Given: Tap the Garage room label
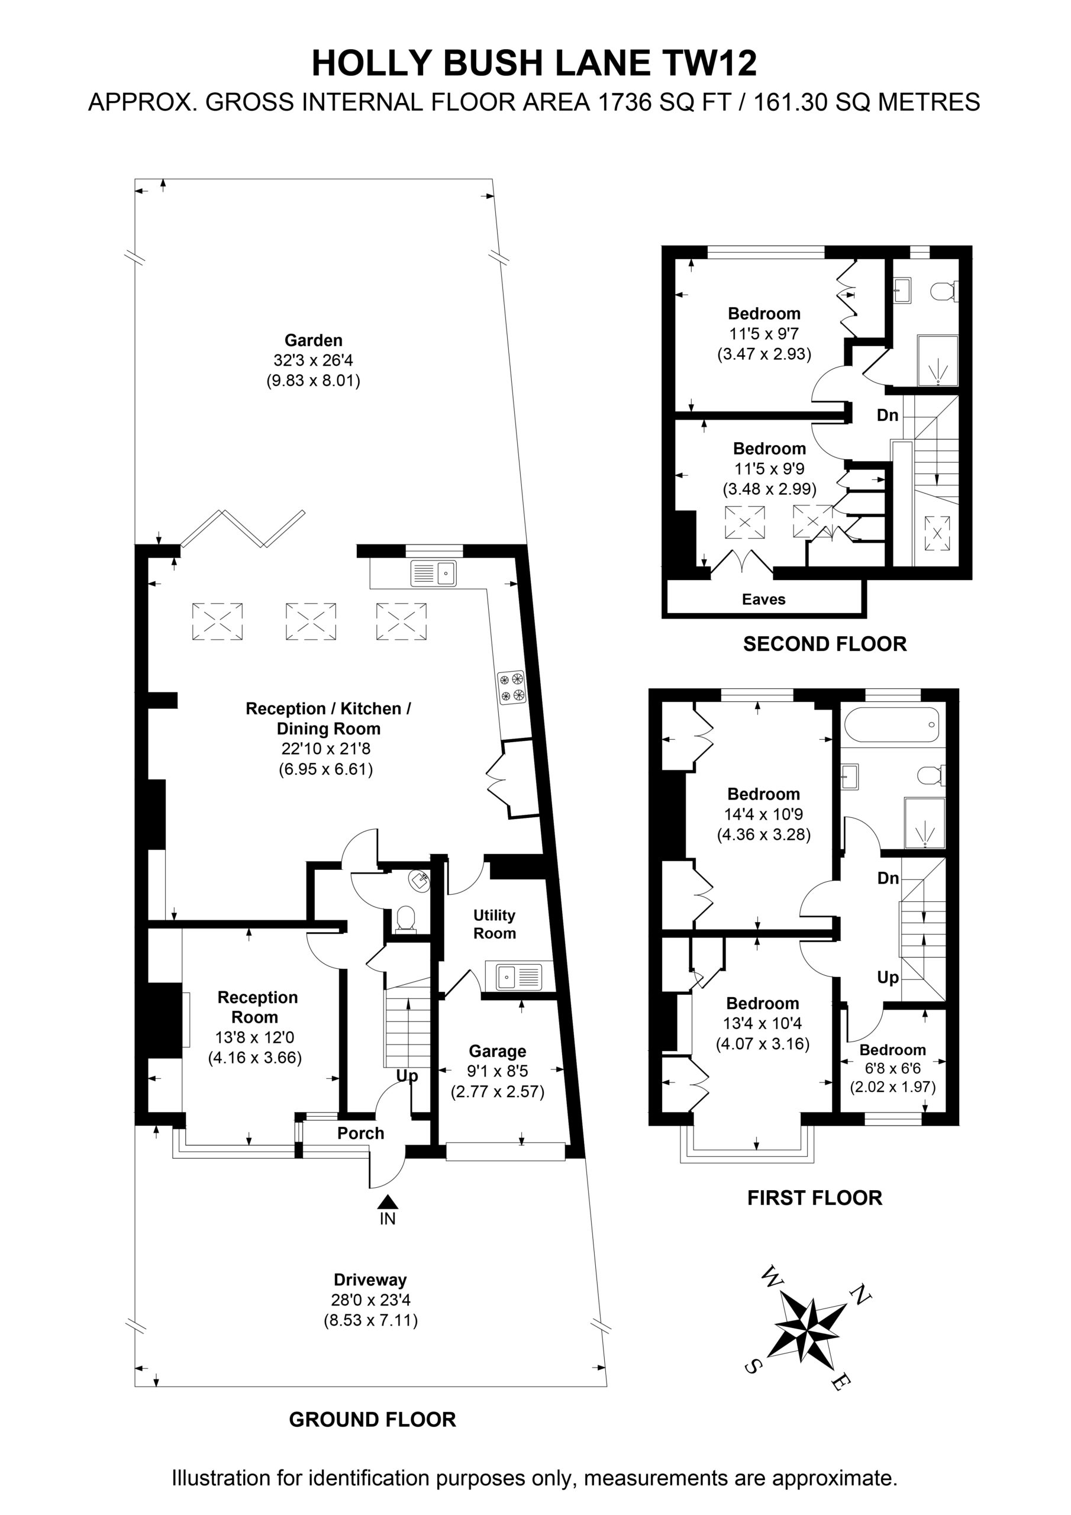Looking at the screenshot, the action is (498, 1050).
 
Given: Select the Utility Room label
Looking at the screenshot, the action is (494, 924).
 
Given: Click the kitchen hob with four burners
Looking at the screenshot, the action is (511, 686).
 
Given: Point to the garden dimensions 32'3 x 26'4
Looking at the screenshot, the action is (314, 360).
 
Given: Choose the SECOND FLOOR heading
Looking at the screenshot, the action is (825, 644).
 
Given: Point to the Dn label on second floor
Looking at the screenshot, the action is (888, 415).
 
